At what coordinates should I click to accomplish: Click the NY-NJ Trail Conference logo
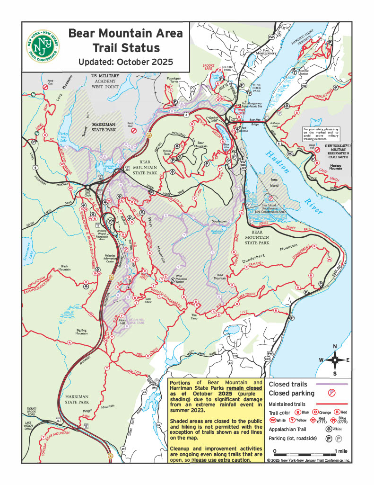click(43, 47)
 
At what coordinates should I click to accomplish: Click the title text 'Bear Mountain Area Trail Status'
click(125, 41)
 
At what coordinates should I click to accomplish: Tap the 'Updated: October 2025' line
click(125, 62)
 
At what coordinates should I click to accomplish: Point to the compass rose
click(335, 359)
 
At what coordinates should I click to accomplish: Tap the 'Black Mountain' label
click(68, 268)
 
